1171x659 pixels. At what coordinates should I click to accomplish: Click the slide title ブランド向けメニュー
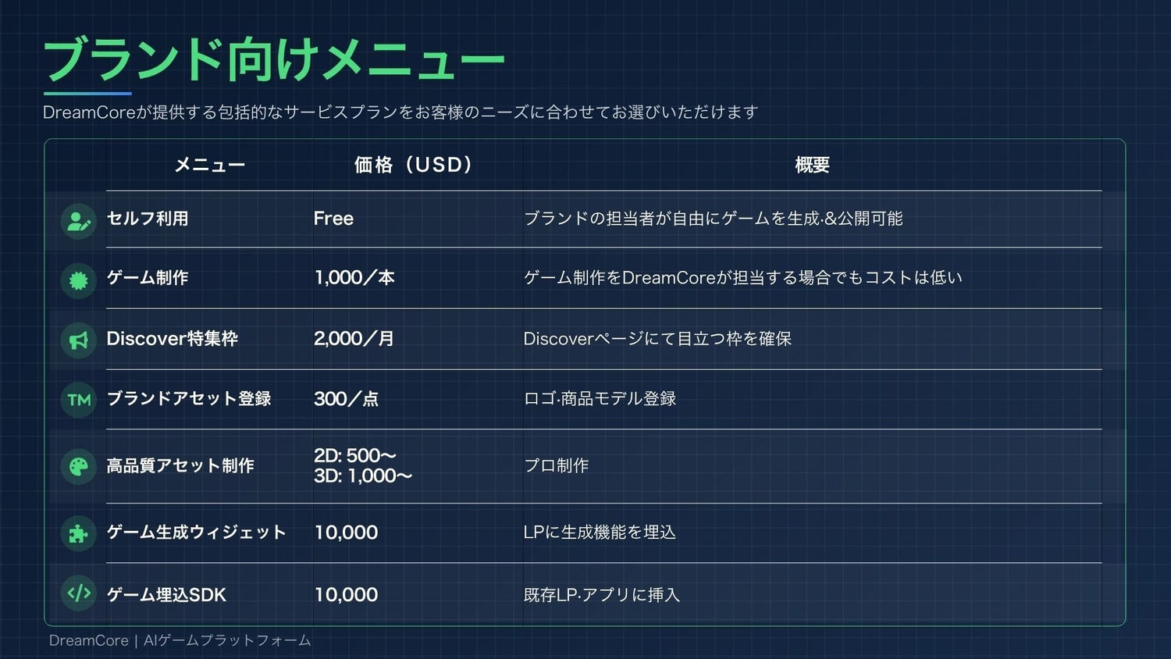coord(274,59)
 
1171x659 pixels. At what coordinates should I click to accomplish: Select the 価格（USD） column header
coord(413,165)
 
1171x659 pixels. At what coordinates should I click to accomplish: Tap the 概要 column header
coord(813,165)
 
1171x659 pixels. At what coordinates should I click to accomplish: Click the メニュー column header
coord(210,166)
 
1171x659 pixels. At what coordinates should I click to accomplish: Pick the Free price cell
coord(333,219)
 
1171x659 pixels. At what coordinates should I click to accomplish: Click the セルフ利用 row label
coord(148,219)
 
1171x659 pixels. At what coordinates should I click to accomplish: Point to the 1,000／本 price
coord(354,278)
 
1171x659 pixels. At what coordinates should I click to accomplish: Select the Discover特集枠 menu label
coord(172,339)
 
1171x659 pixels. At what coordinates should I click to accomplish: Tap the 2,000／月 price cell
coord(354,339)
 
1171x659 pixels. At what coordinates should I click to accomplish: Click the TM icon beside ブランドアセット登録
coord(79,400)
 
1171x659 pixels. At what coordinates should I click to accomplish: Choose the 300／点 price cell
coord(346,399)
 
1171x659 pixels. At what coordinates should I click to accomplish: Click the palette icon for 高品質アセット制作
coord(79,466)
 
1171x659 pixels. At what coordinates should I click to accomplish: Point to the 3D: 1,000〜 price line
coord(363,476)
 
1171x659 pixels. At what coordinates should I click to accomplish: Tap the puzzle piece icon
coord(79,534)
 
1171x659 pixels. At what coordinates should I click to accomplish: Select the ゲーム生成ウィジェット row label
coord(196,533)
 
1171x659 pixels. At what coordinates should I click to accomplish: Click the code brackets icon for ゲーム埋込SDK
coord(79,593)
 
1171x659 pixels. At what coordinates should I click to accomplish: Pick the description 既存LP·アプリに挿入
coord(602,595)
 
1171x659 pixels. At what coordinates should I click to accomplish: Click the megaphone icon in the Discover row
coord(79,340)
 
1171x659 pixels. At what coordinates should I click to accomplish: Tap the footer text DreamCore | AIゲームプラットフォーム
coord(180,641)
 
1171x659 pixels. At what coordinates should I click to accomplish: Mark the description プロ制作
coord(556,465)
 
